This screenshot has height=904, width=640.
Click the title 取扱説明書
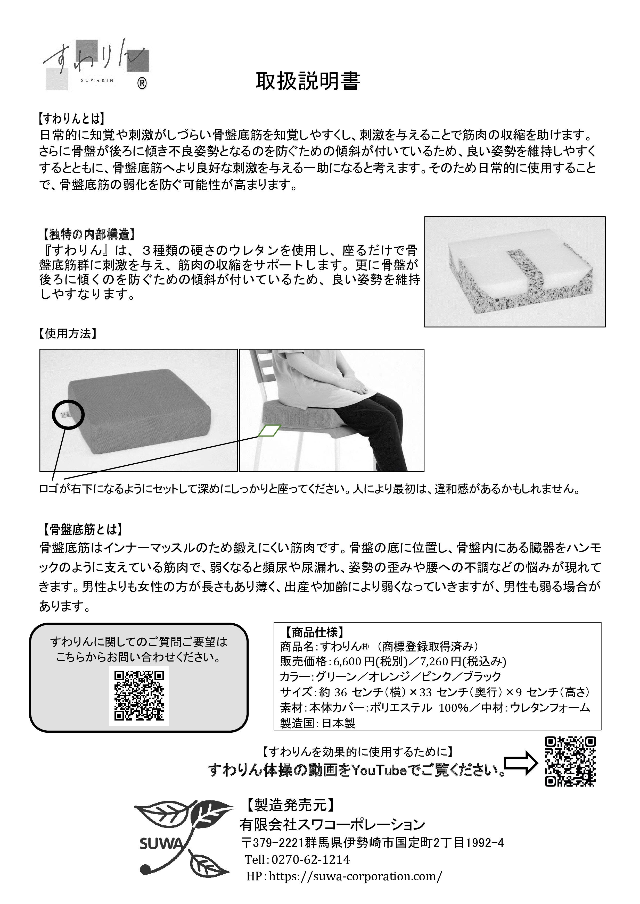click(x=308, y=81)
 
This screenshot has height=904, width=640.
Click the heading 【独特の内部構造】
click(x=89, y=235)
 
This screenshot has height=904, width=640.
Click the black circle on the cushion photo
click(x=68, y=414)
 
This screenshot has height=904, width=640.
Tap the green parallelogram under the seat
click(x=269, y=431)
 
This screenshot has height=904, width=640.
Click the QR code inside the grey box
click(x=139, y=696)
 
